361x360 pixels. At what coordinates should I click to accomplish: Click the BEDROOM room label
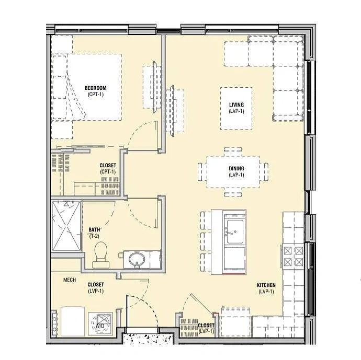pyautogui.click(x=96, y=88)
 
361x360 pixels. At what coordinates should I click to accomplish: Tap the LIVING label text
pyautogui.click(x=236, y=105)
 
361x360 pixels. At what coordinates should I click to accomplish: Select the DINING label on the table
pyautogui.click(x=236, y=169)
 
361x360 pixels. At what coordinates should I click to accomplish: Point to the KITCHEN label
pyautogui.click(x=266, y=285)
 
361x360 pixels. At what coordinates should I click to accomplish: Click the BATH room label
pyautogui.click(x=94, y=229)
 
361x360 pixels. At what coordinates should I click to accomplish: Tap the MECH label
pyautogui.click(x=70, y=280)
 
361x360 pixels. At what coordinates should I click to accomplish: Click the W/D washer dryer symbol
pyautogui.click(x=100, y=323)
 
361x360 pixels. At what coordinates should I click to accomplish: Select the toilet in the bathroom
pyautogui.click(x=100, y=254)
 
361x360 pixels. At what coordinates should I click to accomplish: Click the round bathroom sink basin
pyautogui.click(x=137, y=259)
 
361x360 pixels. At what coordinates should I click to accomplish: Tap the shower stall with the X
pyautogui.click(x=66, y=226)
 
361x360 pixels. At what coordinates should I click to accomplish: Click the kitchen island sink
pyautogui.click(x=234, y=231)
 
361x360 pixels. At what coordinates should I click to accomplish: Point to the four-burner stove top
pyautogui.click(x=293, y=257)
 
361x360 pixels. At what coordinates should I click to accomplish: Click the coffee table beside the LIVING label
pyautogui.click(x=236, y=108)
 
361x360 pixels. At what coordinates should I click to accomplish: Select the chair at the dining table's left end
pyautogui.click(x=200, y=172)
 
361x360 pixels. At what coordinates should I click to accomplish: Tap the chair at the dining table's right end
pyautogui.click(x=266, y=172)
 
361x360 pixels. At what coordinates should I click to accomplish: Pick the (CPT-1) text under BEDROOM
pyautogui.click(x=96, y=94)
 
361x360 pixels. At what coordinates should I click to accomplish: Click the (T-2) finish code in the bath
pyautogui.click(x=94, y=236)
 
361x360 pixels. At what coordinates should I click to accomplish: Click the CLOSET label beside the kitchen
pyautogui.click(x=206, y=326)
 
